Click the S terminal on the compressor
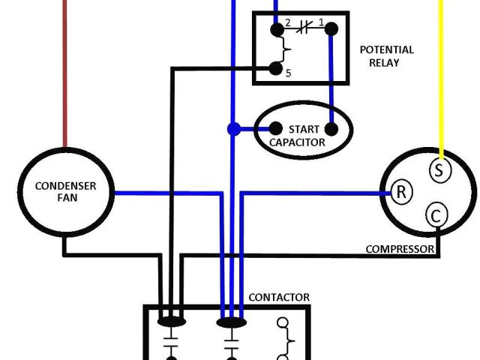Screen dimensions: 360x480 point(439,169)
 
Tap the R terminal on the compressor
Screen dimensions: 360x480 point(401,192)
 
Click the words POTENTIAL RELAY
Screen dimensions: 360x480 point(386,56)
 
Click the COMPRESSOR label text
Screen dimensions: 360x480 point(399,249)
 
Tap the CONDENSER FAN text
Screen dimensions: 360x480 point(66,192)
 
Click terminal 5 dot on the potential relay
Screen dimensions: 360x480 point(276,70)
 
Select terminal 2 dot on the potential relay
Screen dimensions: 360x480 point(277,30)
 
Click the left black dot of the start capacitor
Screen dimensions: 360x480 point(275,128)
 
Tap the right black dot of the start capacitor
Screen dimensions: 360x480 point(330,128)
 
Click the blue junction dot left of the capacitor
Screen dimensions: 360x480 point(233,129)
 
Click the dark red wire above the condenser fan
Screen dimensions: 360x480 point(65,75)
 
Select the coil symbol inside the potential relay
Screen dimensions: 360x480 point(282,50)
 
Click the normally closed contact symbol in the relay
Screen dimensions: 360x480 point(304,29)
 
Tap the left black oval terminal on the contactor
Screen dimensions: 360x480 point(172,322)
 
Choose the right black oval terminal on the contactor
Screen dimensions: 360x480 point(231,322)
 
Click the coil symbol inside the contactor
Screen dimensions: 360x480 point(284,337)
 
